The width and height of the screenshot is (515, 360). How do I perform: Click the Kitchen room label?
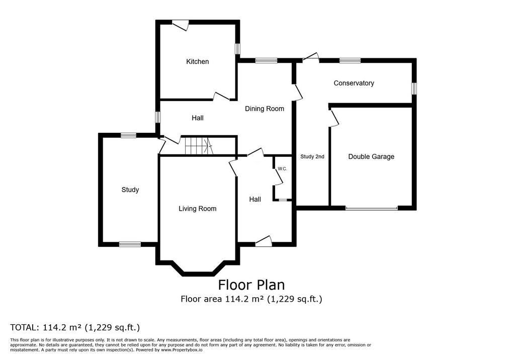tap(197, 61)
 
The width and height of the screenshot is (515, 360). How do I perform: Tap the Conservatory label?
tap(354, 83)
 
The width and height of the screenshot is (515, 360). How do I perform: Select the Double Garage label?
tap(371, 157)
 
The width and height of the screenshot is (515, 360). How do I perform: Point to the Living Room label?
tap(197, 209)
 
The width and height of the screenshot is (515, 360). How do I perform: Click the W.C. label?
tap(282, 169)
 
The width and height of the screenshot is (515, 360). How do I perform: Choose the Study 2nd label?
tap(312, 157)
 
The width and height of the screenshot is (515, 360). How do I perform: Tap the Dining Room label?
tap(265, 109)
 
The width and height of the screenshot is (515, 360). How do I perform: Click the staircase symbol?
tap(198, 146)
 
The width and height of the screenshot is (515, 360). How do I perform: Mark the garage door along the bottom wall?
tap(372, 208)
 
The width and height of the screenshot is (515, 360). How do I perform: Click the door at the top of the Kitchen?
tap(181, 25)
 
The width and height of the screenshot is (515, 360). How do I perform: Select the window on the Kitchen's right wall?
tap(237, 49)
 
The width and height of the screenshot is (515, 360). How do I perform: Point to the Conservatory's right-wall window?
tap(414, 88)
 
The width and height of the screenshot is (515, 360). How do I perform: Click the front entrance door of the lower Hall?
tap(264, 241)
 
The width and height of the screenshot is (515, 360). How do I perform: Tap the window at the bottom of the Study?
tap(130, 244)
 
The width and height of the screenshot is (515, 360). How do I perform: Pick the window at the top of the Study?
tap(128, 135)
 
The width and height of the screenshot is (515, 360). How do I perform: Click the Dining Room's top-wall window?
tap(267, 60)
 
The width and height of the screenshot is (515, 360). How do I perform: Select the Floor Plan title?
tap(251, 285)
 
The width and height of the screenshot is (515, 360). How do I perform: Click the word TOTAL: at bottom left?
tap(25, 327)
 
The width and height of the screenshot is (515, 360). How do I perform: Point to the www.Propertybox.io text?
tap(182, 350)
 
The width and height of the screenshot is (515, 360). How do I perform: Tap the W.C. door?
tap(279, 177)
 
